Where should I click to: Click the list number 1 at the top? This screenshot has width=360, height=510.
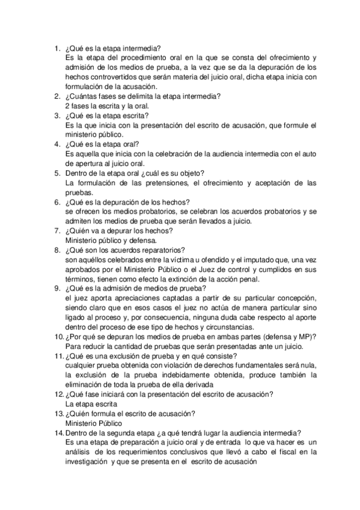click(56, 48)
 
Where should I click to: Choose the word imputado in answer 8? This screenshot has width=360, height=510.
click(252, 260)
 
